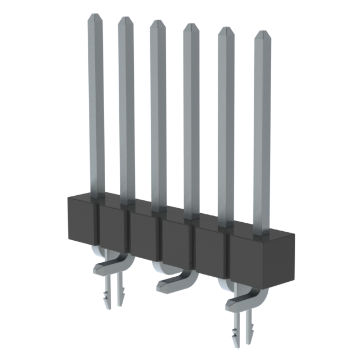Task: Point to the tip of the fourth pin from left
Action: coord(191,26)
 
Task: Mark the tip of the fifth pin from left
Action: coord(226,29)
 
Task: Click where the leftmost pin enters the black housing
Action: coord(97,196)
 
